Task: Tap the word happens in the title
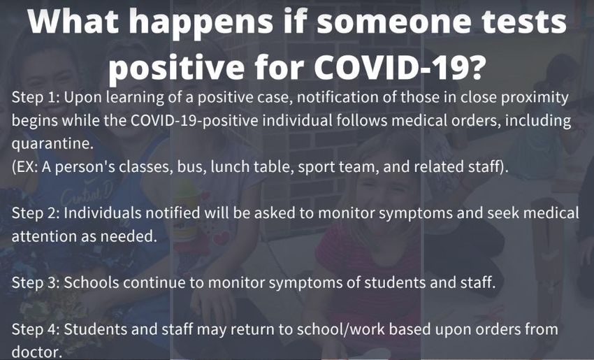point(201,24)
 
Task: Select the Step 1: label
point(36,98)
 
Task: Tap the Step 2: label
point(36,214)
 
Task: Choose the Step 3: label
point(36,283)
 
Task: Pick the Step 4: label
point(36,329)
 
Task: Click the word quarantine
point(52,145)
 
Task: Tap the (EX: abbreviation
point(25,168)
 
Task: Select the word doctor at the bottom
point(37,352)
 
